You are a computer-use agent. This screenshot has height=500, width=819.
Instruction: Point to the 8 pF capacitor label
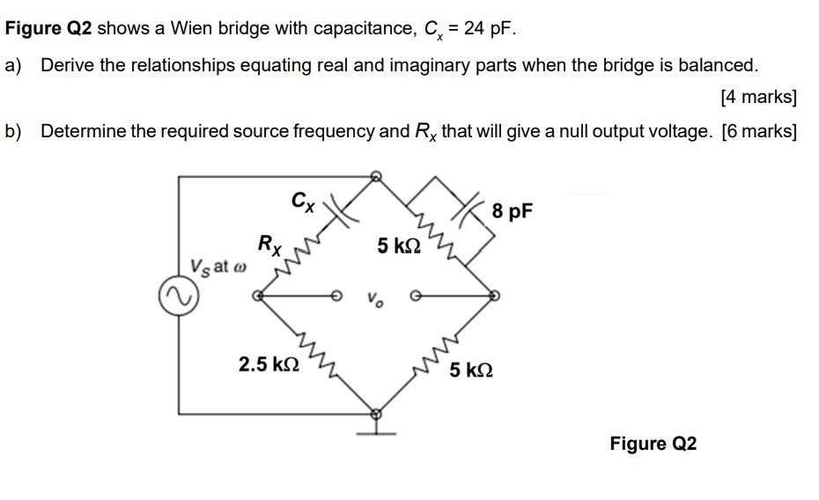click(512, 211)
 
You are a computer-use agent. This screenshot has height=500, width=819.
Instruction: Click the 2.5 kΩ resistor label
click(269, 364)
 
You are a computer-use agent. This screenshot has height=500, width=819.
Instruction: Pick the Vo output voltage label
click(375, 299)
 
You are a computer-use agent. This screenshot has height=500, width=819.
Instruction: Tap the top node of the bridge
click(375, 176)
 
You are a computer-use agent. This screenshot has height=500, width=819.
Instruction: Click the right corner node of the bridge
click(493, 296)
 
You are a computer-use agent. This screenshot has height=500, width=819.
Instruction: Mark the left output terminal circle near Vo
click(337, 296)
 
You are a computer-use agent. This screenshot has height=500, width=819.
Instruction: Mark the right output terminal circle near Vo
click(416, 296)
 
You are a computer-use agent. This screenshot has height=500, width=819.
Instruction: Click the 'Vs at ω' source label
click(218, 267)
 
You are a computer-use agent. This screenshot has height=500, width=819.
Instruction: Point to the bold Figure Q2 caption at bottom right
click(653, 443)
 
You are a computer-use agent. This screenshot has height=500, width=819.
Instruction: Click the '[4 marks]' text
click(758, 97)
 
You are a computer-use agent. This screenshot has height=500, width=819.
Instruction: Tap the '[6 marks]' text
click(759, 131)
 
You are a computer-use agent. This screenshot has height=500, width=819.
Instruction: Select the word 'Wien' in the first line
click(192, 28)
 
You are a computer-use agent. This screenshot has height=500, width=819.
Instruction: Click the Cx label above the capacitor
click(303, 202)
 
